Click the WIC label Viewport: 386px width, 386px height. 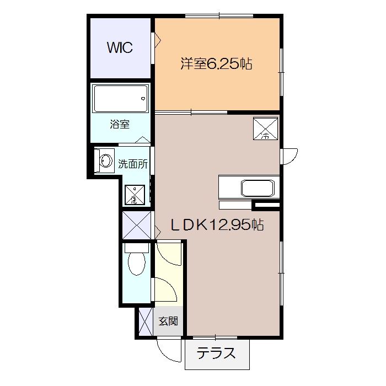pyautogui.click(x=120, y=47)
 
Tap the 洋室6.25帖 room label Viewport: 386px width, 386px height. pyautogui.click(x=216, y=64)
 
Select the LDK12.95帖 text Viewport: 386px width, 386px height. pyautogui.click(x=217, y=224)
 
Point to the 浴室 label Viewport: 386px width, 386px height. pyautogui.click(x=120, y=124)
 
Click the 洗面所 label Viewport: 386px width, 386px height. pyautogui.click(x=133, y=164)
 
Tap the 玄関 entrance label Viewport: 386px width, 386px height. pyautogui.click(x=168, y=321)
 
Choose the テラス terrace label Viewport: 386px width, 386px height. pyautogui.click(x=216, y=353)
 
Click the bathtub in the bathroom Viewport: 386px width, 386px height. pyautogui.click(x=121, y=99)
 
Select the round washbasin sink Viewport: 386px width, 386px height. pyautogui.click(x=106, y=161)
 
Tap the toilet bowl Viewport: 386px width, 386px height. pyautogui.click(x=137, y=264)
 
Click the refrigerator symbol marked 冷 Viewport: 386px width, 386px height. pyautogui.click(x=265, y=128)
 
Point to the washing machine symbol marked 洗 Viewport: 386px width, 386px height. pyautogui.click(x=135, y=195)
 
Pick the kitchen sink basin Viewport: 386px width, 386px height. pyautogui.click(x=258, y=189)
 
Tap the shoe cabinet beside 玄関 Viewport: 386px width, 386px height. pyautogui.click(x=146, y=321)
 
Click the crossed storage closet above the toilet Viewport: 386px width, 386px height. pyautogui.click(x=137, y=226)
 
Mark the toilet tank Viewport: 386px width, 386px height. pyautogui.click(x=137, y=248)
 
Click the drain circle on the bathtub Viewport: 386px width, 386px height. pyautogui.click(x=143, y=99)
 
